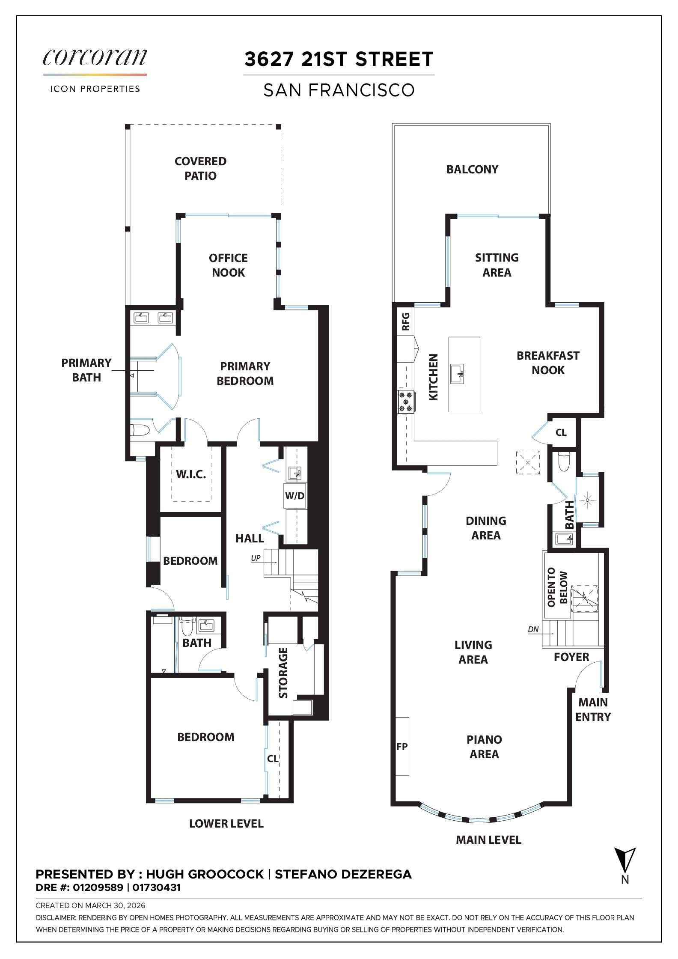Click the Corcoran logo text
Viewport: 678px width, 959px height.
95,57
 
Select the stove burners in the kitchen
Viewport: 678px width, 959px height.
406,402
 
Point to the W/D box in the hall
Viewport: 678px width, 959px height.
295,496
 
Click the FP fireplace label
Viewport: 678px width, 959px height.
402,747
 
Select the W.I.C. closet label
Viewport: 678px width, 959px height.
191,474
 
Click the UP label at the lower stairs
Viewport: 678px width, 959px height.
256,558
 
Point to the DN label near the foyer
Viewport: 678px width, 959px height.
533,629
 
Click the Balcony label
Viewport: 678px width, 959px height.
472,169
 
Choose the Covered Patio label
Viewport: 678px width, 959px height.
200,168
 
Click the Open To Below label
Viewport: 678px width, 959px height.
557,587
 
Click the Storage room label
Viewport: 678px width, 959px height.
283,673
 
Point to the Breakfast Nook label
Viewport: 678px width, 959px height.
548,363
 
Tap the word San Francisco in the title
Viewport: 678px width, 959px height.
339,90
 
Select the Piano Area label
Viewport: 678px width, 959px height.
484,747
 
